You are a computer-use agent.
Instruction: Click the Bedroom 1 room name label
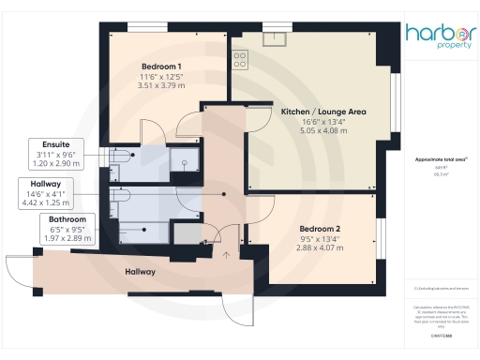coord(161,67)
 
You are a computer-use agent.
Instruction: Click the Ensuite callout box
coord(68,154)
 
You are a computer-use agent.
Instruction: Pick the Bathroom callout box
coord(67,228)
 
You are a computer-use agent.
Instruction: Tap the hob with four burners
coord(239,59)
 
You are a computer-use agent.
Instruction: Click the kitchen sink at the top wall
coord(275,38)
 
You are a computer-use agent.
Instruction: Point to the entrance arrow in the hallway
coord(225,252)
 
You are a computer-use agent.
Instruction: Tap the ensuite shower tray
coord(187,161)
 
